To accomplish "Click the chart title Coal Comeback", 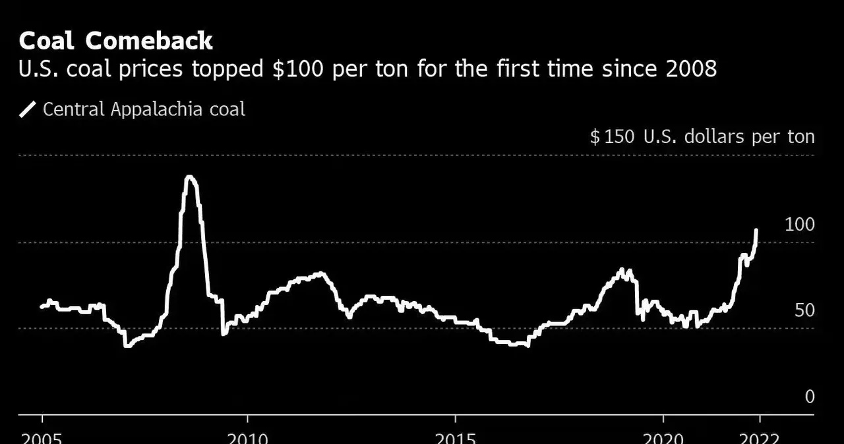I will click(115, 41).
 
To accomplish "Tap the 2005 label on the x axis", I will click(42, 437).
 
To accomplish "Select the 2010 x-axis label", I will click(247, 437).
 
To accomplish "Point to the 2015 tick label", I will click(455, 437).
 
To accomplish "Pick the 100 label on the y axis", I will click(799, 225).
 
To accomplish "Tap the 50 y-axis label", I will click(804, 310).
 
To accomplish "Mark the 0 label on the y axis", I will click(810, 397).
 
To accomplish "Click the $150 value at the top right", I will click(613, 137).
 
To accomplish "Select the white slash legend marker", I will click(27, 109).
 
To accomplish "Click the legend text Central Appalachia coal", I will click(144, 109).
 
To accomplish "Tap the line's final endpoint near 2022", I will click(756, 230).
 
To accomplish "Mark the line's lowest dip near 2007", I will click(127, 346).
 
